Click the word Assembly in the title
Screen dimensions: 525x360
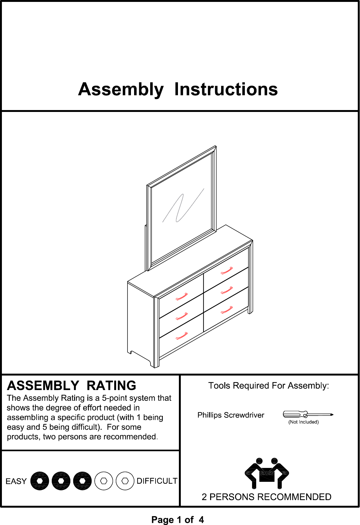[121, 90]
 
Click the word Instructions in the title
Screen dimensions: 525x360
[226, 89]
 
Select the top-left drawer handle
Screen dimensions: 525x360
[181, 297]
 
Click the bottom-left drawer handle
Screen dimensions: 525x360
[181, 336]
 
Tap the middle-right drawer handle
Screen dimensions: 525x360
[227, 290]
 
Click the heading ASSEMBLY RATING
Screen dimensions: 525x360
[72, 386]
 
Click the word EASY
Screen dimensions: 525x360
[16, 481]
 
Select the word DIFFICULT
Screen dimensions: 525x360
[157, 481]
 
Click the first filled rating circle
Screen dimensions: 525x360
[40, 481]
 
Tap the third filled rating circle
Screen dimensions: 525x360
[82, 481]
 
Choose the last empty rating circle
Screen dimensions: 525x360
[125, 481]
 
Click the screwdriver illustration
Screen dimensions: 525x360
[308, 414]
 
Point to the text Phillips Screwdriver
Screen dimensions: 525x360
[231, 415]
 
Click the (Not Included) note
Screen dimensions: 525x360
[304, 422]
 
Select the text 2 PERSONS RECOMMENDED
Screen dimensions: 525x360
[266, 497]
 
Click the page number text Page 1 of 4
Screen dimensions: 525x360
[178, 520]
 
